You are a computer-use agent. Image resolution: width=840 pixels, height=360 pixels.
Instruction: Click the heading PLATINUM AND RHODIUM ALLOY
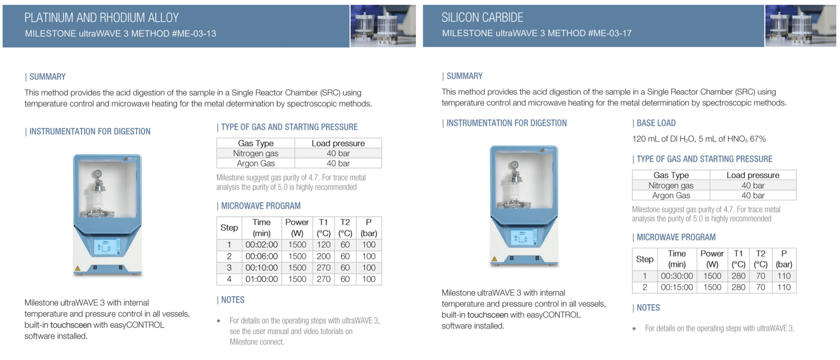click(x=101, y=18)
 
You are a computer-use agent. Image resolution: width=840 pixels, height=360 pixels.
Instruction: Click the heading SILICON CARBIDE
click(x=482, y=17)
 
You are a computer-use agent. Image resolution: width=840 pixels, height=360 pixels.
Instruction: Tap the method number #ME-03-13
click(x=194, y=34)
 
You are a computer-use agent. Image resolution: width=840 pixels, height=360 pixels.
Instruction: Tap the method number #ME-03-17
click(x=610, y=33)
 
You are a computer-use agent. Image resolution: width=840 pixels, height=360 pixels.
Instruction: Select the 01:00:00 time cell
click(x=261, y=279)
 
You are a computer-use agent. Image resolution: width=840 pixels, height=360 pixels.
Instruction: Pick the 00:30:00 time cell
click(x=676, y=276)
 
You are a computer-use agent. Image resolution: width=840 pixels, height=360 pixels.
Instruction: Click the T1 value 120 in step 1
click(x=323, y=245)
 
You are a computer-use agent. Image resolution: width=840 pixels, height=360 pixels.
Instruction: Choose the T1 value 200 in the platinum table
click(x=323, y=256)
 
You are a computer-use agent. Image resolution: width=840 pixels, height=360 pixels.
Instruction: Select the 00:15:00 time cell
click(x=676, y=287)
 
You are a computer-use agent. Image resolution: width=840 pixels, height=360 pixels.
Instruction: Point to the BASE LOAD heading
click(x=656, y=123)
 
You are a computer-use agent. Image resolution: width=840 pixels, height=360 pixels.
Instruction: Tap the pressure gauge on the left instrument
click(x=98, y=174)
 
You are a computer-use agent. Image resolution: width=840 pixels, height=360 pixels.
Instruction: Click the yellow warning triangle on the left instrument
click(x=77, y=269)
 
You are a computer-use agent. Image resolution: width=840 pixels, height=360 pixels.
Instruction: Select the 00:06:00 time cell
click(x=261, y=256)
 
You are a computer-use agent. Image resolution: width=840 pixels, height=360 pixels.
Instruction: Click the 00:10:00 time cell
click(x=261, y=268)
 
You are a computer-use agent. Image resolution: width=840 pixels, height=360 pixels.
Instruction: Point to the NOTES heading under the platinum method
click(x=233, y=300)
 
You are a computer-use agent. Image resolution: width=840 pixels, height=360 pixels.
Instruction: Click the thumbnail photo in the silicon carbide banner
click(x=800, y=25)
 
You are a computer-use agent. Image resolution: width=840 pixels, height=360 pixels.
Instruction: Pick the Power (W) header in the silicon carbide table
click(x=712, y=259)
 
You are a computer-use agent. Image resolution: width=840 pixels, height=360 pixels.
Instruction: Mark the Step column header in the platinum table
click(x=229, y=228)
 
